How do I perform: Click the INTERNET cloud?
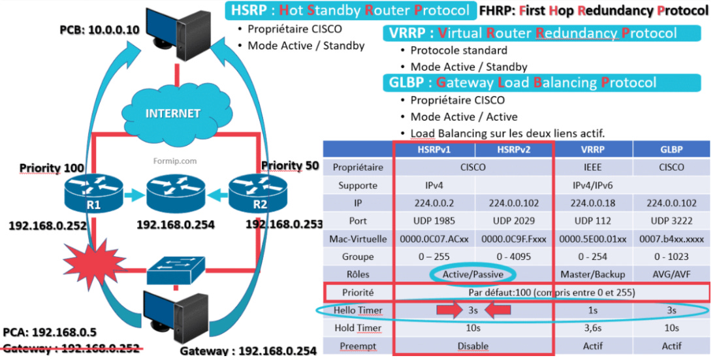pos(172,112)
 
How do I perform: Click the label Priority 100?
pos(52,168)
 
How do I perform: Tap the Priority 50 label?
pos(290,165)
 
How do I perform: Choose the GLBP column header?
pos(671,149)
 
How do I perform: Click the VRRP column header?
pos(593,149)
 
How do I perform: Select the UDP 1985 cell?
pos(434,220)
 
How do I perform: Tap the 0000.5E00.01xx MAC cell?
pos(593,238)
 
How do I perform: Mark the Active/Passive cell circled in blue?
pos(473,274)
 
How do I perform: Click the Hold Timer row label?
pos(358,327)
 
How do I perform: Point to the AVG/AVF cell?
pos(671,274)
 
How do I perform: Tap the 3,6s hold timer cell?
pos(593,327)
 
